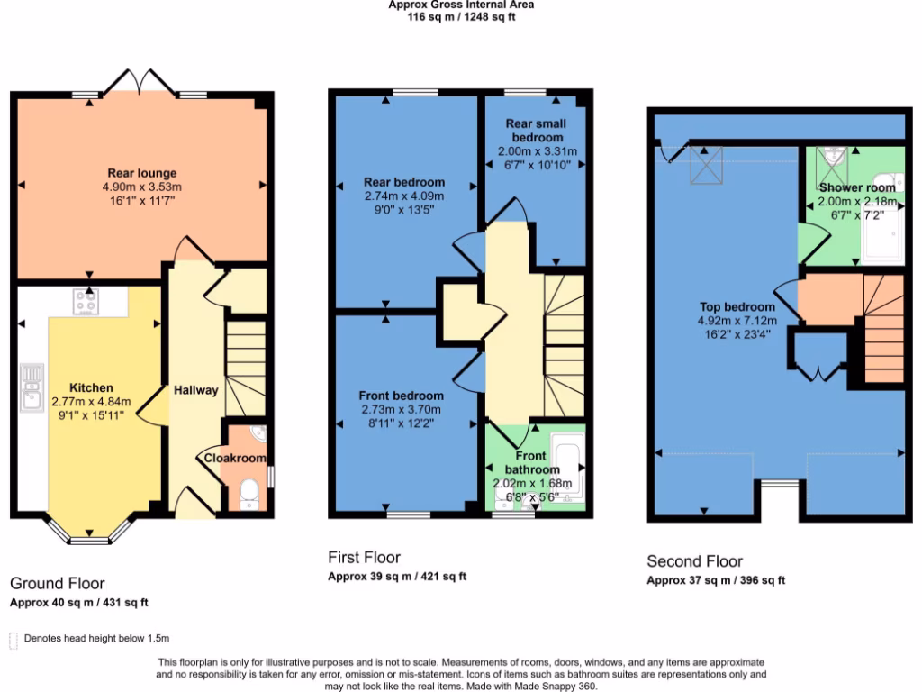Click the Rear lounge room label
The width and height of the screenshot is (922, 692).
tap(142, 173)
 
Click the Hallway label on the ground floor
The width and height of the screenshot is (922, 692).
tap(195, 390)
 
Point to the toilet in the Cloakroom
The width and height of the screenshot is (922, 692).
tap(249, 494)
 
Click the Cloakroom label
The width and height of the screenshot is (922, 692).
tap(235, 459)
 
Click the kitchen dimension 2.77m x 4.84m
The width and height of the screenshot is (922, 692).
tap(91, 402)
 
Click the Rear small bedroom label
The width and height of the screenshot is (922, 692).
tap(538, 131)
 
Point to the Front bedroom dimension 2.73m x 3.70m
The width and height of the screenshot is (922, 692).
tap(401, 409)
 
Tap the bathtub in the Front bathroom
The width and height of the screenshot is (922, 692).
tap(567, 467)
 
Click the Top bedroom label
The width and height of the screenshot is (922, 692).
tap(737, 306)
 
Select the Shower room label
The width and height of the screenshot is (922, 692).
tap(857, 187)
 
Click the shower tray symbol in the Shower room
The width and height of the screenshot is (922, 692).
tap(834, 159)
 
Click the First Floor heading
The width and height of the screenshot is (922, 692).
tap(364, 558)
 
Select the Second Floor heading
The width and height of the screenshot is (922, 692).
tap(694, 561)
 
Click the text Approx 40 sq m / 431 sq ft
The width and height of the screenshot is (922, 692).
tap(78, 603)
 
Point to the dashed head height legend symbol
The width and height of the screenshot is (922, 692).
tap(13, 640)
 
